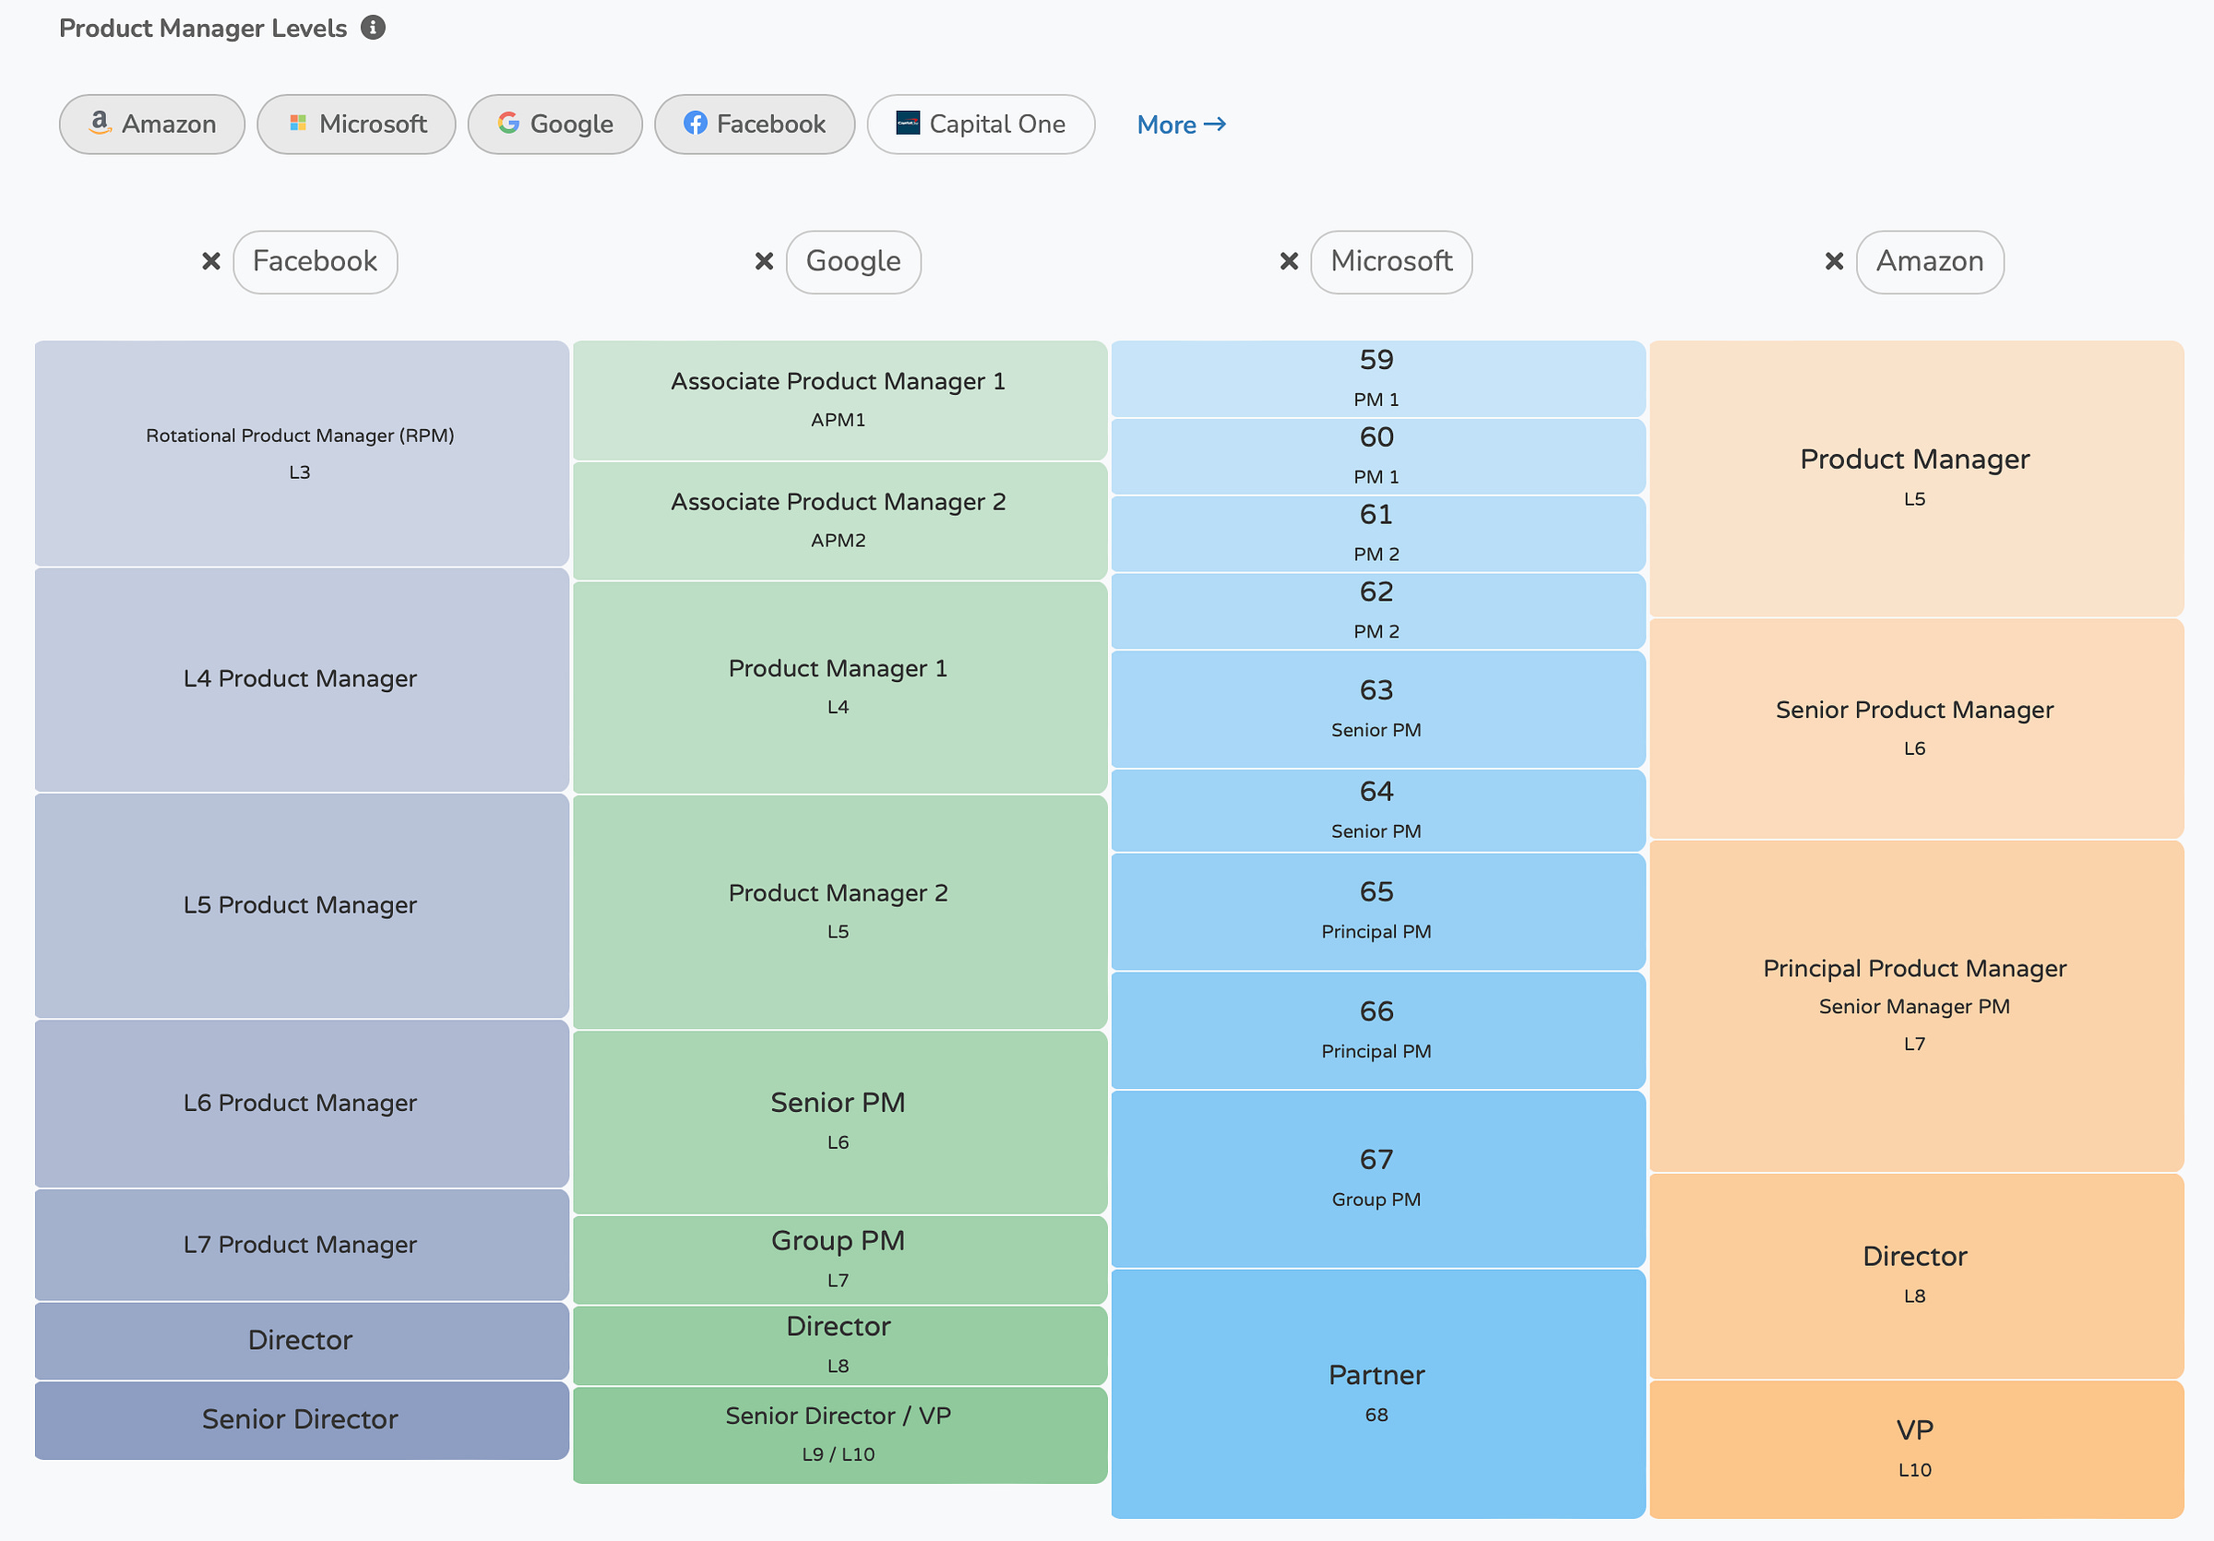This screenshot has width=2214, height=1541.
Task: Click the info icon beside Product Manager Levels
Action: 374,27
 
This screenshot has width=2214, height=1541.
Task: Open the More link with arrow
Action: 1180,125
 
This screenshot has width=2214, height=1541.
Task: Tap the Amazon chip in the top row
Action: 152,125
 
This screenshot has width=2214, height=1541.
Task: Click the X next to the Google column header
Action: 764,261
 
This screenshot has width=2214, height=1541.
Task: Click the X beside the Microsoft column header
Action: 1289,261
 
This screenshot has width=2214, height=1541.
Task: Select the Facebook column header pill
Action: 315,261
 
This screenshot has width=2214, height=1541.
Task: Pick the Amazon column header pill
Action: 1929,261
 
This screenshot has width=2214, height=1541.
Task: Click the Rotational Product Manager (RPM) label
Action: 300,435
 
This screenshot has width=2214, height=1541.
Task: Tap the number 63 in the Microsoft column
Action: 1376,690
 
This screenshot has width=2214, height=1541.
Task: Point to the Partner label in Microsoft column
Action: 1376,1375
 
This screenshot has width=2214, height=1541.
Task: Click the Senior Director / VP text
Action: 838,1416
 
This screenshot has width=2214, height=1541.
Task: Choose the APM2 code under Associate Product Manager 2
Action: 838,540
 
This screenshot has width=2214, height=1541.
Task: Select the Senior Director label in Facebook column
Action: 300,1419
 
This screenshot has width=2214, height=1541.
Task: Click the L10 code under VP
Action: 1914,1471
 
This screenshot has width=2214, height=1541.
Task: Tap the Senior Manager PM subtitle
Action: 1914,1007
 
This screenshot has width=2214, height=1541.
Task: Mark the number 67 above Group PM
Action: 1376,1159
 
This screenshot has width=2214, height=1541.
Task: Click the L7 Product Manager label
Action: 300,1245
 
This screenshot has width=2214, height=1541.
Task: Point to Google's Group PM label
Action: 838,1241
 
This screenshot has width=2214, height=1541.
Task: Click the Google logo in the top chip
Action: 508,123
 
